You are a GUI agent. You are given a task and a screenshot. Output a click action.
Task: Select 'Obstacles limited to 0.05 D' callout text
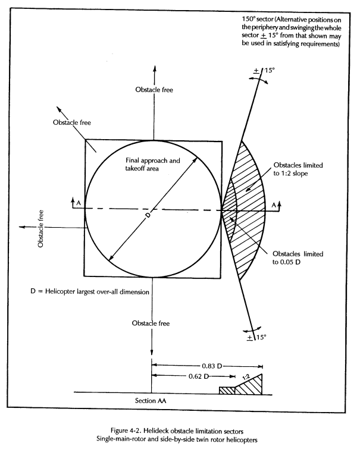[298, 258]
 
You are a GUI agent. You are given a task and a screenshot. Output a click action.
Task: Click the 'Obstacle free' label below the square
[152, 323]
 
